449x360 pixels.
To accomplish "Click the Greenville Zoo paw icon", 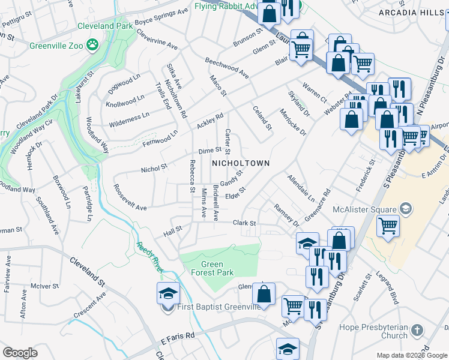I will click(x=92, y=44).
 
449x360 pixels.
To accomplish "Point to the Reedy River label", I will click(x=150, y=257).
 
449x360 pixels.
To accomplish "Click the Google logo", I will click(x=20, y=353).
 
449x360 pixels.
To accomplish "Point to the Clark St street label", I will click(x=244, y=223).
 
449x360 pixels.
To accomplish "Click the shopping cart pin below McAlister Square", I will click(x=388, y=227).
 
